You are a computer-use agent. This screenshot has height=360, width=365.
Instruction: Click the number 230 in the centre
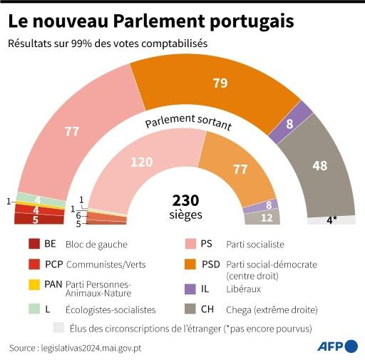pyautogui.click(x=185, y=200)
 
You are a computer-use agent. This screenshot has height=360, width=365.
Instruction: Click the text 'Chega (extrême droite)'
pyautogui.click(x=271, y=309)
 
